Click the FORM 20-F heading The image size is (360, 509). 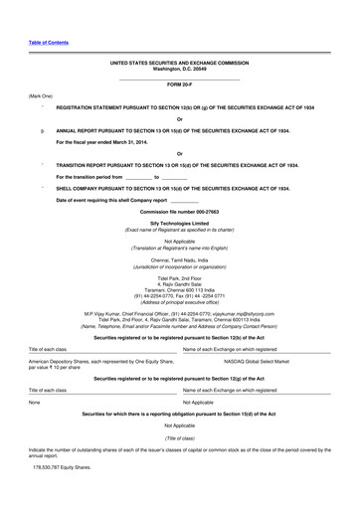pyautogui.click(x=179, y=85)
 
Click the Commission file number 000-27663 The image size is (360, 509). pyautogui.click(x=179, y=212)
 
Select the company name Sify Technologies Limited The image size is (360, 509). pyautogui.click(x=179, y=224)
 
